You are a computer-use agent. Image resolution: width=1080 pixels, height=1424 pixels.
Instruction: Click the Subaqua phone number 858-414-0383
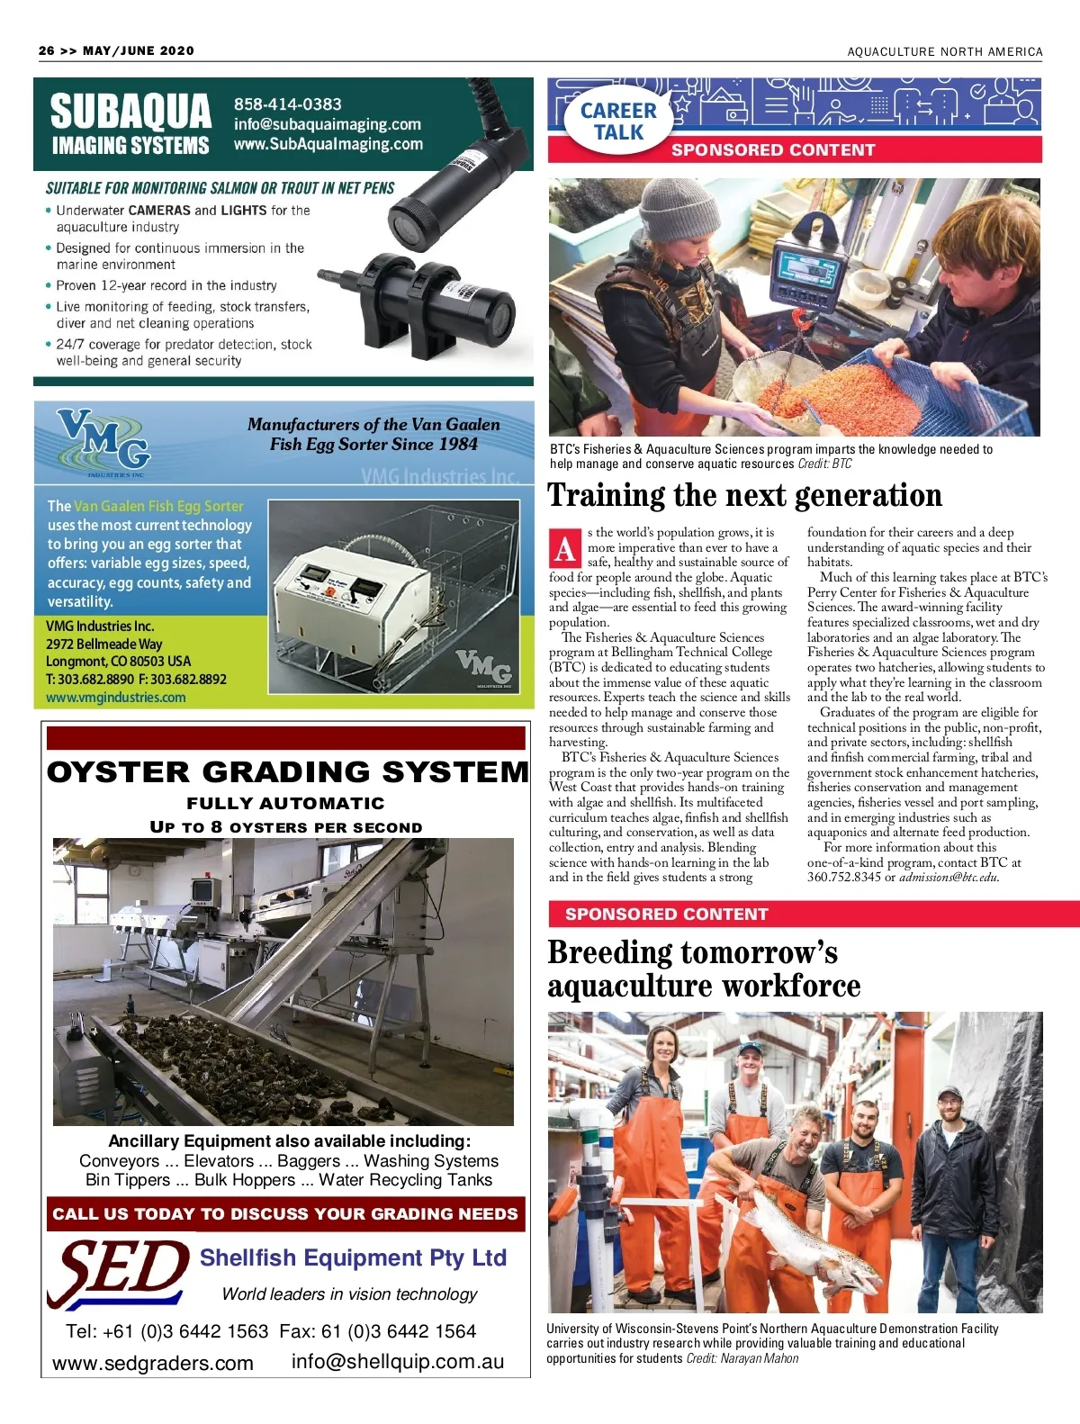click(287, 104)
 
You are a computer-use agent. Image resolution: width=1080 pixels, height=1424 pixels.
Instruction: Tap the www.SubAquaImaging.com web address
click(328, 144)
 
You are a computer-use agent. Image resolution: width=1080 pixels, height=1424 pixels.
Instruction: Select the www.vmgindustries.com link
click(116, 698)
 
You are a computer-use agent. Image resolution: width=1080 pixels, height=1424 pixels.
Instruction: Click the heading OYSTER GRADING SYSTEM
click(287, 772)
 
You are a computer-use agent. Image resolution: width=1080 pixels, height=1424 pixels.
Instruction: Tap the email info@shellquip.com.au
click(397, 1362)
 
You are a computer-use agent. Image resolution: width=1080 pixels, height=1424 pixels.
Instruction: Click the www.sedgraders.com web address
click(153, 1363)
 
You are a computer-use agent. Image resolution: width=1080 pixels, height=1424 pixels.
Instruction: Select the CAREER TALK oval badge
click(618, 122)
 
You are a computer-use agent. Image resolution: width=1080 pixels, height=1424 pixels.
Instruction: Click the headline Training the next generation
click(744, 496)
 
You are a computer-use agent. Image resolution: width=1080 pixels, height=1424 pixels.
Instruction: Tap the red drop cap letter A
click(565, 547)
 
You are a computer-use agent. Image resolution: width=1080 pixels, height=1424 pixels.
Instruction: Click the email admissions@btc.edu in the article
click(949, 878)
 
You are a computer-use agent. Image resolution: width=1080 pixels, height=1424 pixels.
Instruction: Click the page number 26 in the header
click(47, 51)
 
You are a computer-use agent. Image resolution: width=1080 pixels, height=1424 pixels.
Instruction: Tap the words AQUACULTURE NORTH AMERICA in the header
click(944, 52)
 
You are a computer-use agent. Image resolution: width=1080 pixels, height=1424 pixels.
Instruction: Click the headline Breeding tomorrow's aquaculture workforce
click(704, 969)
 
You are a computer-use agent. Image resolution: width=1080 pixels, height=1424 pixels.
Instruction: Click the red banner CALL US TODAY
click(285, 1213)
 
